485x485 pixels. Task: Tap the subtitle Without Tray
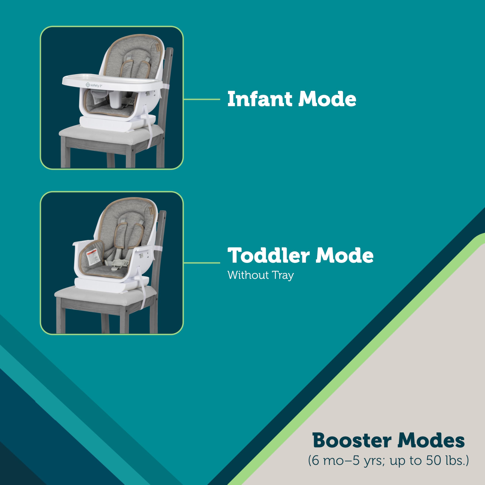[x=260, y=275]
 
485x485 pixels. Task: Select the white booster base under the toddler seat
[x=106, y=284]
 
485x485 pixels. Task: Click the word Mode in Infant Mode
[x=327, y=99]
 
